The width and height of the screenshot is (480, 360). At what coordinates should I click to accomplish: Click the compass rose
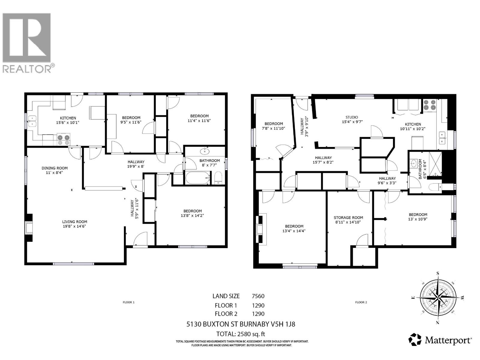click(x=438, y=298)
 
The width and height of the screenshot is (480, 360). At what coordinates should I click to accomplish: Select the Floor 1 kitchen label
click(x=68, y=120)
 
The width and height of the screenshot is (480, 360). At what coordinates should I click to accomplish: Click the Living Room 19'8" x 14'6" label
click(x=75, y=224)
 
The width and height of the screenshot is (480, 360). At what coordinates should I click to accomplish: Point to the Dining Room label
click(x=55, y=170)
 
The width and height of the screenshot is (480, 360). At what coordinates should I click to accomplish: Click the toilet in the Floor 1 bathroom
click(x=218, y=178)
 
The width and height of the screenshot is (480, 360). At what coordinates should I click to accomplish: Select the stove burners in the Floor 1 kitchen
click(x=63, y=140)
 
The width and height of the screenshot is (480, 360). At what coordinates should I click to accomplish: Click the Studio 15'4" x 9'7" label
click(x=352, y=119)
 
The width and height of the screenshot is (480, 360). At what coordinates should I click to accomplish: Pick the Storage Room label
click(x=348, y=220)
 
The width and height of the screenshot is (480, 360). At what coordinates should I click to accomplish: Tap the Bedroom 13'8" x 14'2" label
click(x=193, y=213)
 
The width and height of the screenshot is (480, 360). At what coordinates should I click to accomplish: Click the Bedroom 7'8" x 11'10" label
click(x=274, y=126)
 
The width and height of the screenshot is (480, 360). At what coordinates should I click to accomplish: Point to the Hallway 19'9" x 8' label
click(x=136, y=164)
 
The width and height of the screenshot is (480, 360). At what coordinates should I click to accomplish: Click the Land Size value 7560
click(x=258, y=296)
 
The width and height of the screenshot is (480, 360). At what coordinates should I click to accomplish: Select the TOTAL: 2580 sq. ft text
click(x=241, y=334)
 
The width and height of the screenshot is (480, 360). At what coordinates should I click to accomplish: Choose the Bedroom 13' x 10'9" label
click(x=418, y=217)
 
